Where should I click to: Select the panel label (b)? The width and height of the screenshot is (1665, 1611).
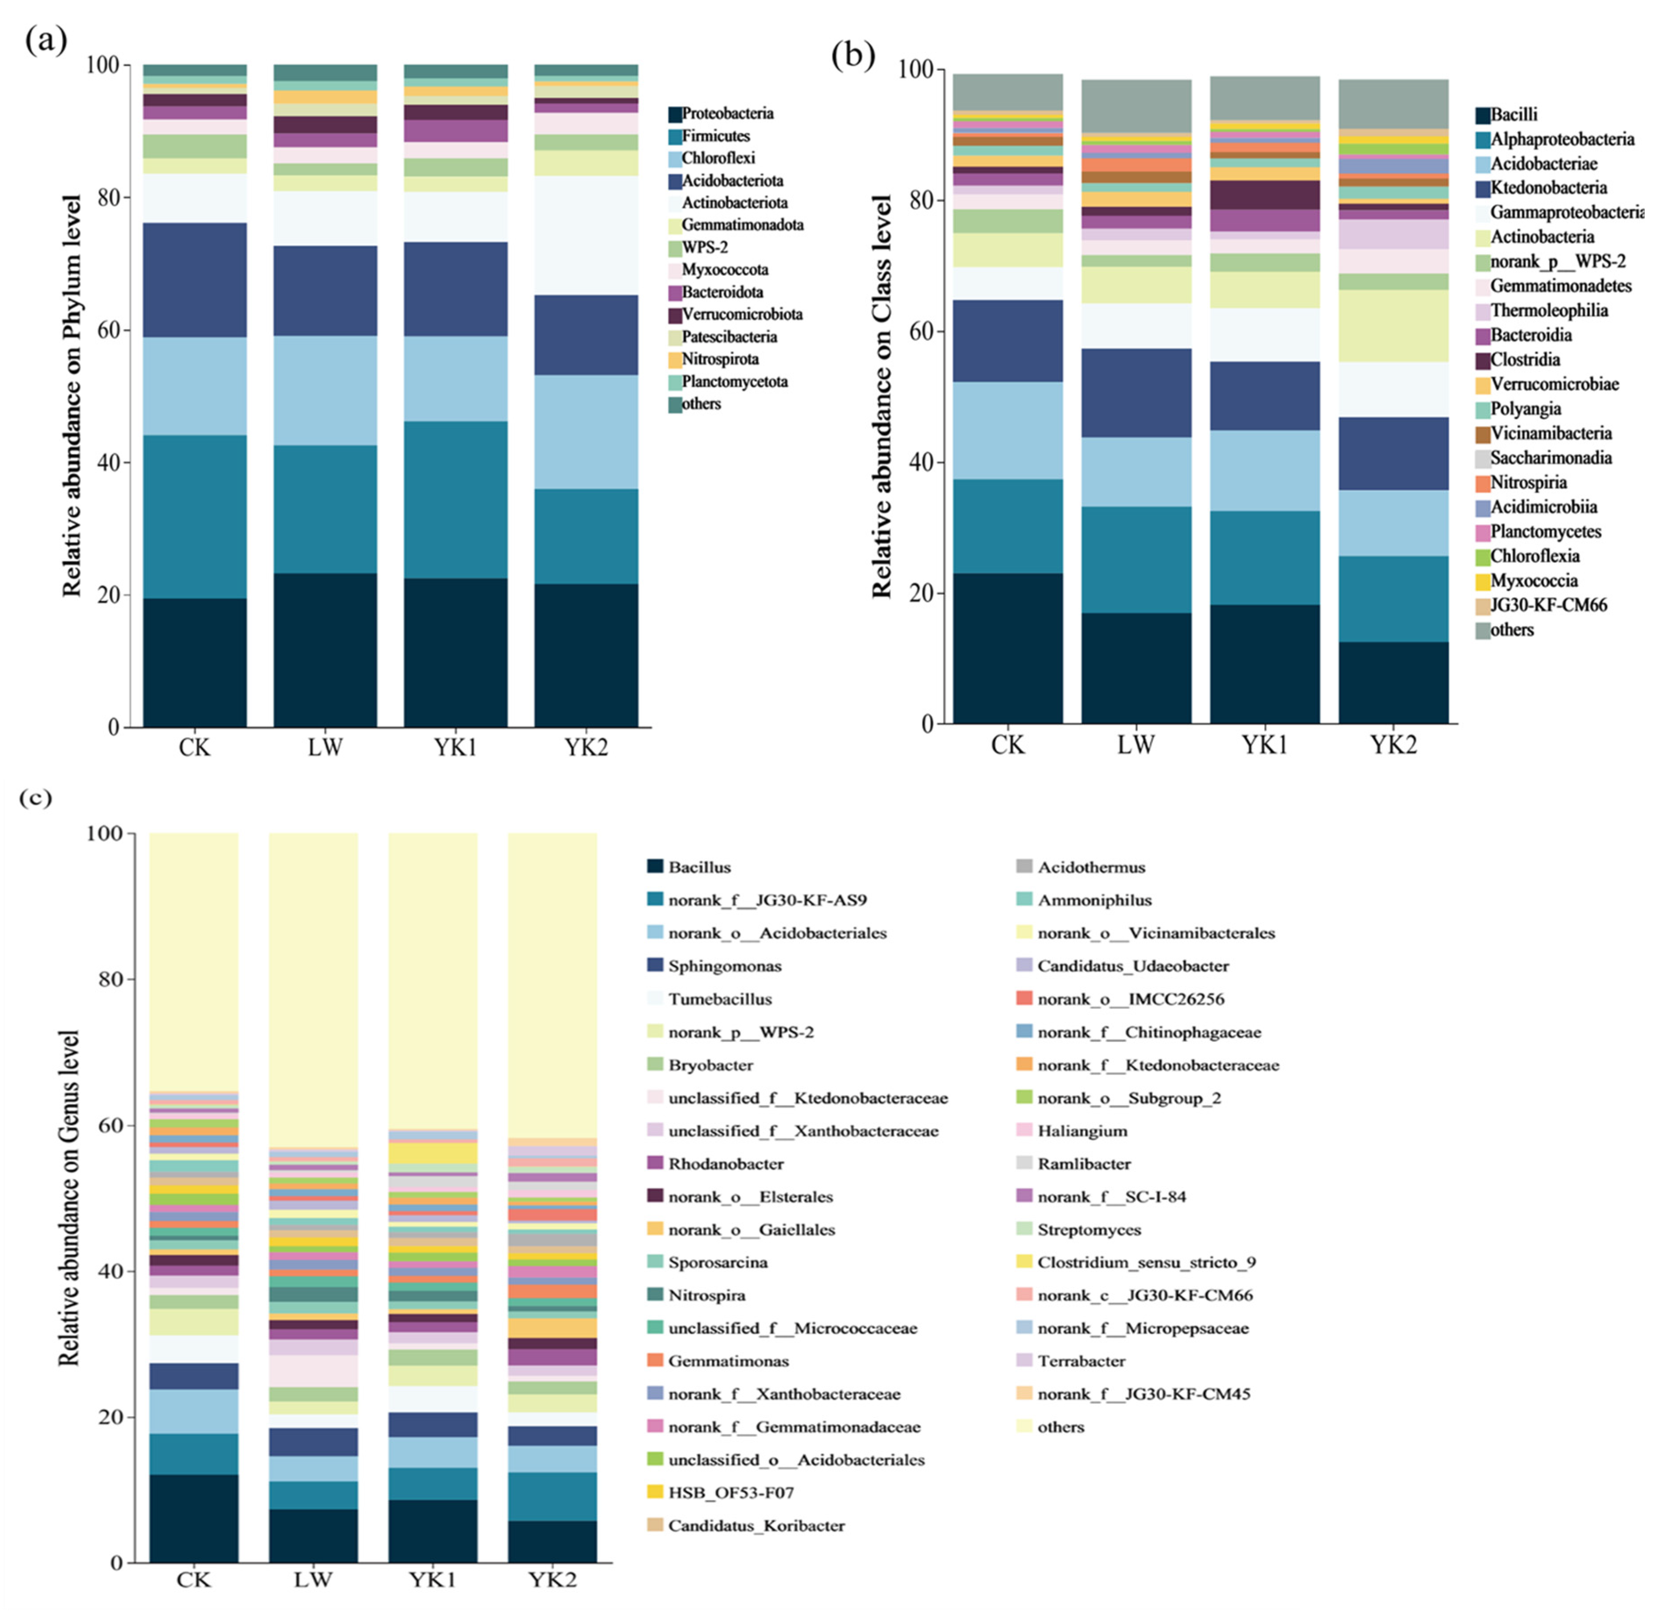(852, 55)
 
